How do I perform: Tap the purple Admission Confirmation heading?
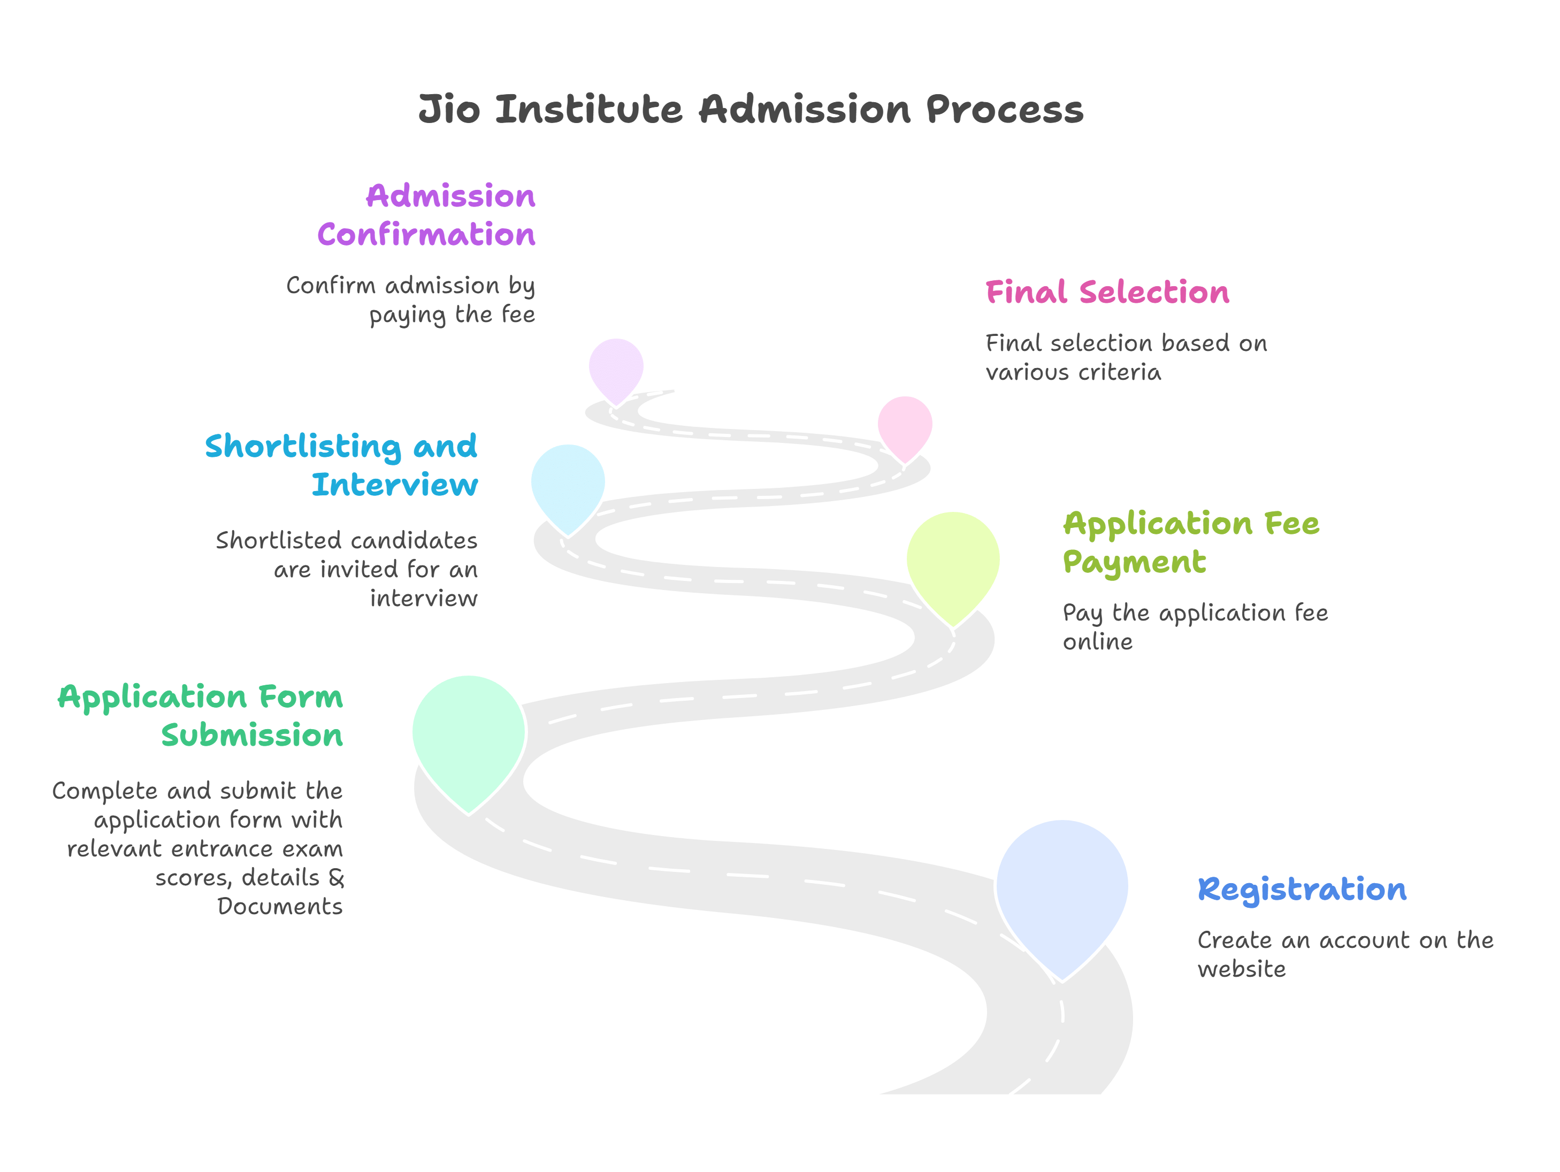click(426, 215)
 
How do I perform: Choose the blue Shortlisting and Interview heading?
click(341, 465)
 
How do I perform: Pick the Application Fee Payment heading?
click(1190, 542)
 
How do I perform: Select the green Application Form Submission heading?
click(201, 716)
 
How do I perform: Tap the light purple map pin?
click(616, 367)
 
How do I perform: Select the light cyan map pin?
click(568, 483)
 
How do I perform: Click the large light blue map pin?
click(1062, 889)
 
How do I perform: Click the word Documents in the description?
click(280, 906)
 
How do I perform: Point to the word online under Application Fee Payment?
click(1097, 642)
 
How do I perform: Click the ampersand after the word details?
click(337, 877)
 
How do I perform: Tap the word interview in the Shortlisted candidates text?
click(423, 599)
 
